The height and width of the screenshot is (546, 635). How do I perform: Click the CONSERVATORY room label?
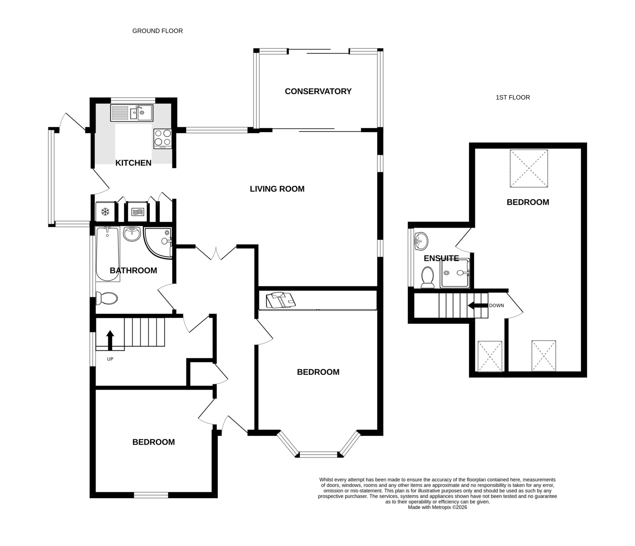pos(318,91)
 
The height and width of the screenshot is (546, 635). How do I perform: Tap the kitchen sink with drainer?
pos(131,113)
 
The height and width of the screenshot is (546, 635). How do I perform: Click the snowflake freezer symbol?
pos(105,212)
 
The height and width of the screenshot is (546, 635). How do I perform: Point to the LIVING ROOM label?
pos(277,189)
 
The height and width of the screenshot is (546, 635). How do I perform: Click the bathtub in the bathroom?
pos(107,254)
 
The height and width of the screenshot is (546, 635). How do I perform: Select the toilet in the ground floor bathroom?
pos(107,298)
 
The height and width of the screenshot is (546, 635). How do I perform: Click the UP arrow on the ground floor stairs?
pos(110,340)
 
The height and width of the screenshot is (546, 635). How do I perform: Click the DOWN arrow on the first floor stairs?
pos(477,305)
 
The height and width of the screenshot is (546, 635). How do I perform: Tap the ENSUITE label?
pos(441,258)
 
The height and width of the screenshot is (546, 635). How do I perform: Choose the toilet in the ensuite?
pos(428,277)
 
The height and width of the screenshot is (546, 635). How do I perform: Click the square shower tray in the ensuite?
pos(455,273)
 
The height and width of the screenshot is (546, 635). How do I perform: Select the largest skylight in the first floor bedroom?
pos(529,168)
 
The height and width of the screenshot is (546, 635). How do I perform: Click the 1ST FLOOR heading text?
pos(513,97)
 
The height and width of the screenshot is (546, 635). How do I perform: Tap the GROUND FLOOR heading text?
pos(157,31)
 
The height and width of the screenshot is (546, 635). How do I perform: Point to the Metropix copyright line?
pos(437,508)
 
